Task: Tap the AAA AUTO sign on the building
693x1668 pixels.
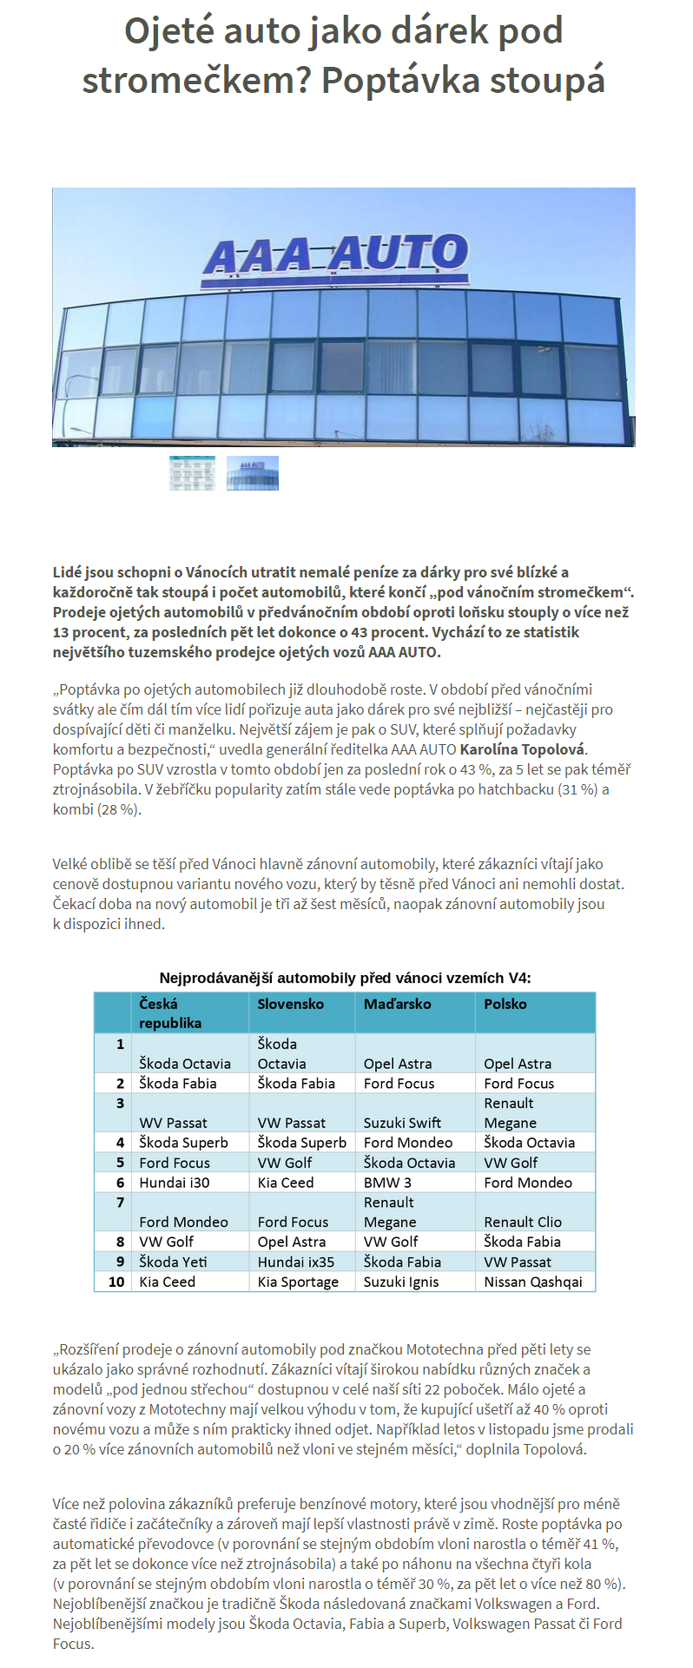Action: tap(336, 255)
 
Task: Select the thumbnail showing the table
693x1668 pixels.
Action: tap(192, 473)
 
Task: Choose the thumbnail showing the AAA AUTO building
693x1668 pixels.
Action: tap(253, 473)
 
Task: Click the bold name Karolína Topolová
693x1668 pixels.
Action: tap(523, 749)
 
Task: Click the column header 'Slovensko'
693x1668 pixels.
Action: tap(290, 1004)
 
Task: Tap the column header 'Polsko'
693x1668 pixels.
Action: tap(505, 1004)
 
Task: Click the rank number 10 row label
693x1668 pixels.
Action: tap(116, 1282)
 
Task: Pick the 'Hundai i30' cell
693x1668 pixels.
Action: tap(174, 1183)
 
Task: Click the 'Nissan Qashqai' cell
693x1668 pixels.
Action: tap(533, 1282)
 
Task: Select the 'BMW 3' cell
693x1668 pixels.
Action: tap(387, 1183)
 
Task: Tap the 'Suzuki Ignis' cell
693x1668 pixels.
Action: tap(401, 1282)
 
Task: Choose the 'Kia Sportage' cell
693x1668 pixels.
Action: tap(298, 1282)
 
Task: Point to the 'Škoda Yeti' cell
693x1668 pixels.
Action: tap(173, 1262)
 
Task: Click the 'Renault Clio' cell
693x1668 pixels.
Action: tap(523, 1222)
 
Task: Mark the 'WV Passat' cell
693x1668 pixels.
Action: tap(173, 1123)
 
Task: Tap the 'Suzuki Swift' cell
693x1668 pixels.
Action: tap(402, 1123)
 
